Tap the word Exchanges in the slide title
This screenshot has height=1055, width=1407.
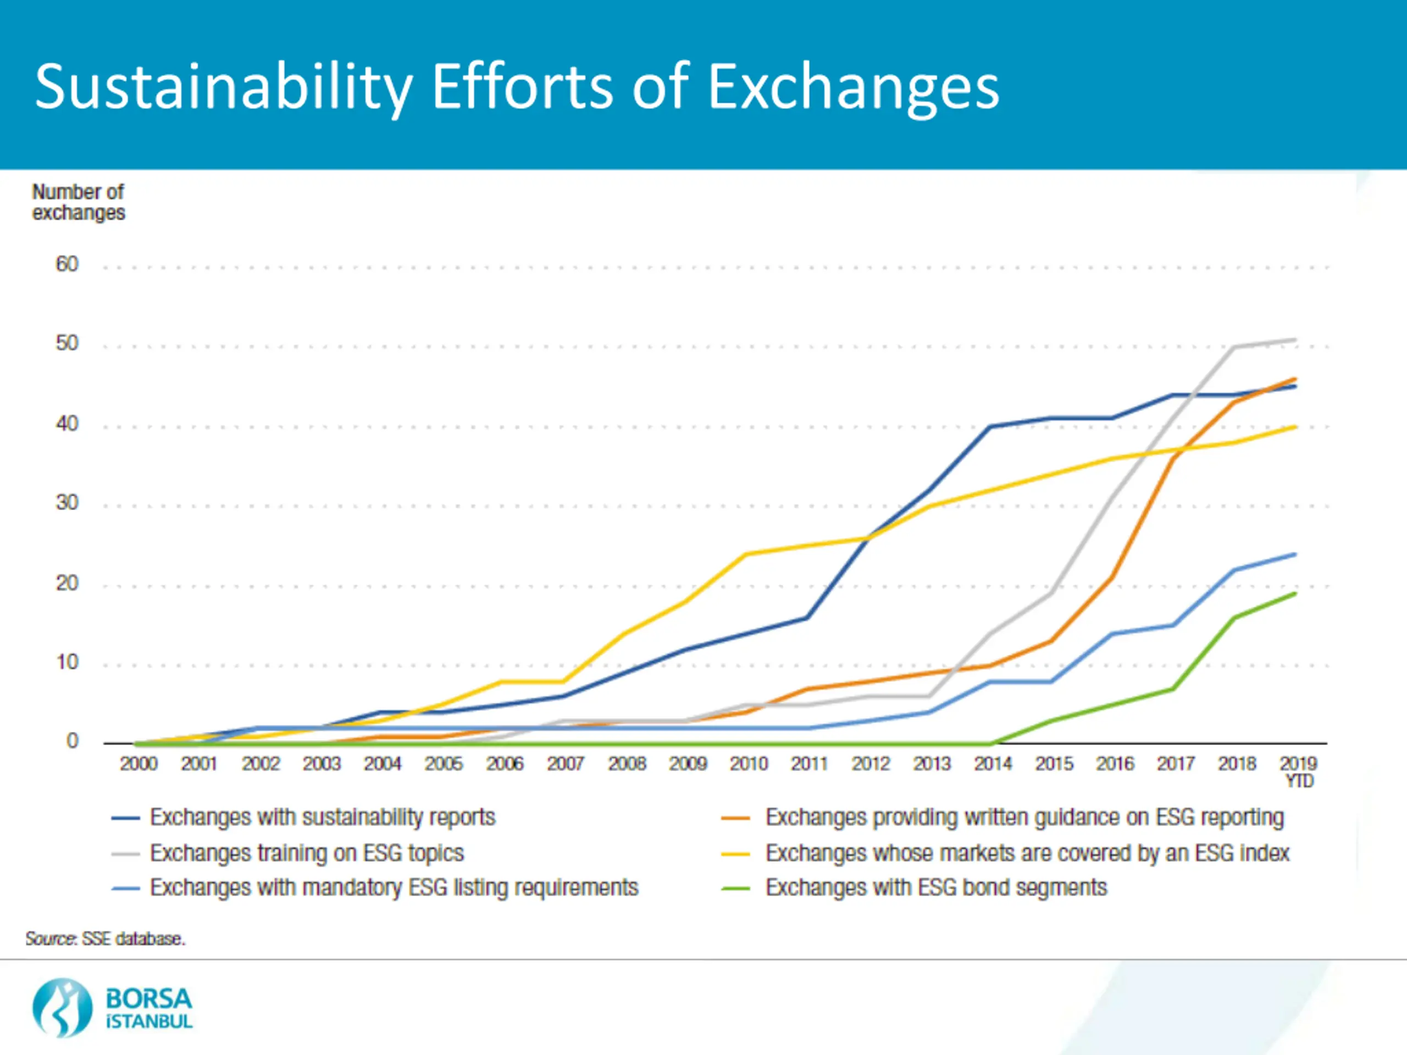point(853,88)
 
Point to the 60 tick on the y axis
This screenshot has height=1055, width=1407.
point(67,264)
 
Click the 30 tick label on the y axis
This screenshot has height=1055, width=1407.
point(67,502)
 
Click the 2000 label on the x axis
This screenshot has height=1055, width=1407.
point(139,763)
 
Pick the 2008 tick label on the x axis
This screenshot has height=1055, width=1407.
point(627,763)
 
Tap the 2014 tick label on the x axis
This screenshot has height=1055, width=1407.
point(993,763)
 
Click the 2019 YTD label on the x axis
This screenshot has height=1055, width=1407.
point(1298,771)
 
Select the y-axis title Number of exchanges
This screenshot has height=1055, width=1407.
point(78,202)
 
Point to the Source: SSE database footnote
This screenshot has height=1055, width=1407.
point(106,939)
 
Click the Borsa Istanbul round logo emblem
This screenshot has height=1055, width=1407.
point(62,1008)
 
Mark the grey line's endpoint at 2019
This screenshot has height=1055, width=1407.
point(1295,340)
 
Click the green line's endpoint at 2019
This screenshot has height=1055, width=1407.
point(1295,593)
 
